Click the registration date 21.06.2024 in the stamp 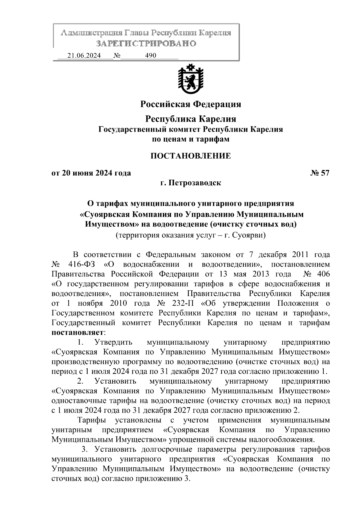[84, 55]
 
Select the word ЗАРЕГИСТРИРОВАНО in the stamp [146, 43]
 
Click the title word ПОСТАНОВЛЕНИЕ [190, 156]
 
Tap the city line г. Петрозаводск [190, 183]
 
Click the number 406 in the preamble [323, 274]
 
